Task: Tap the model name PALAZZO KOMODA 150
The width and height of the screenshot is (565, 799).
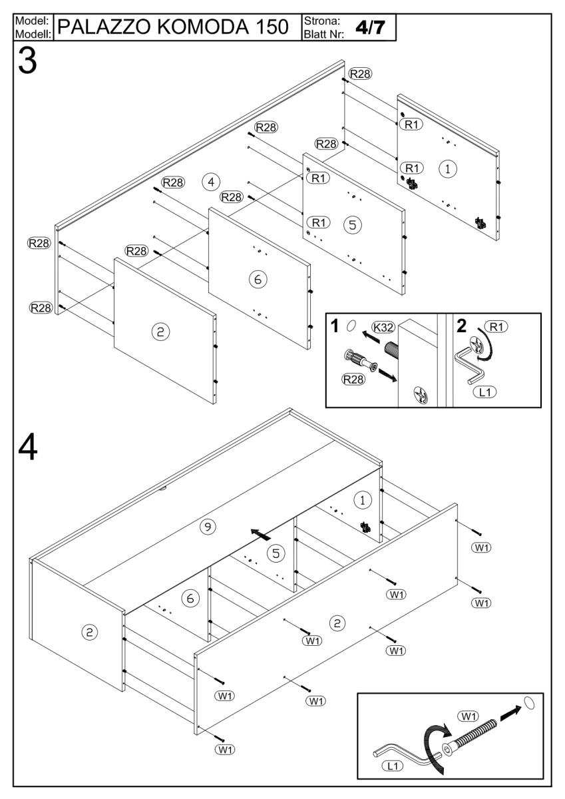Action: pyautogui.click(x=176, y=28)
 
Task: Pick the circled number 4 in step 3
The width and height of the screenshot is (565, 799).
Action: pyautogui.click(x=211, y=181)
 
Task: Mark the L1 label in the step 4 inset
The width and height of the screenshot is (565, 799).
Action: pyautogui.click(x=395, y=766)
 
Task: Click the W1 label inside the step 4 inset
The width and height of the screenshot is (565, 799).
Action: pyautogui.click(x=469, y=716)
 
